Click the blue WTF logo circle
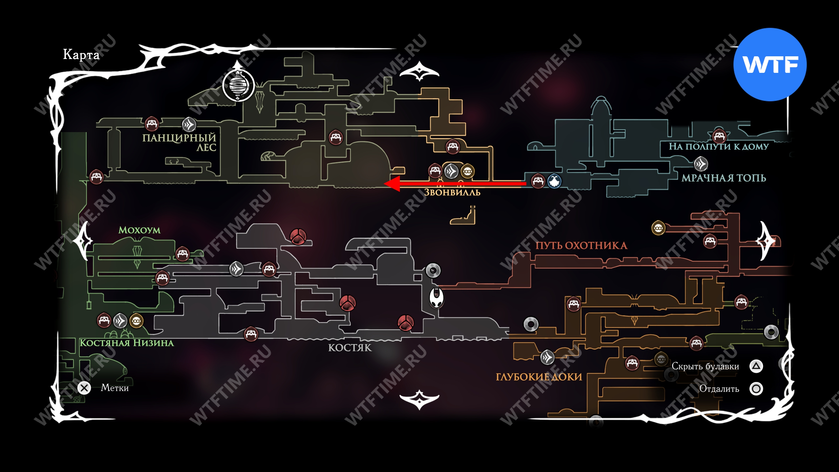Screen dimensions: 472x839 (x=770, y=65)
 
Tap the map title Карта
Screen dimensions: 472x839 (x=81, y=54)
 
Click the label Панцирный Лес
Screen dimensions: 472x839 (x=180, y=142)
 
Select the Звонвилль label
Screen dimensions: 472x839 (x=452, y=192)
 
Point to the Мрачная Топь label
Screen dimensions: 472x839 (x=724, y=178)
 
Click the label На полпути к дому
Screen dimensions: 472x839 (x=719, y=147)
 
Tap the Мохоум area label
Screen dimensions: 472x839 (x=139, y=230)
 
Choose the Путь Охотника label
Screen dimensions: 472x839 (x=581, y=246)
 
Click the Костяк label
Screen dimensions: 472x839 (x=350, y=348)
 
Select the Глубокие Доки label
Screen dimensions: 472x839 (x=539, y=377)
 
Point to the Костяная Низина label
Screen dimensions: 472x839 (x=127, y=343)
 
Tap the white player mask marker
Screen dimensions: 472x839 (x=437, y=298)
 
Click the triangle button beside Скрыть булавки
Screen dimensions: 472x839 (x=756, y=366)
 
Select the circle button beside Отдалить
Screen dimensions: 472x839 (x=756, y=389)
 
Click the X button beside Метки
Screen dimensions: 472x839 (x=84, y=388)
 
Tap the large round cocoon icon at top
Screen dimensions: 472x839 (x=239, y=85)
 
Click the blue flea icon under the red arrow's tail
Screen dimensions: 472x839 (x=554, y=181)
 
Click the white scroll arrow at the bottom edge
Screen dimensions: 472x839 (x=419, y=399)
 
